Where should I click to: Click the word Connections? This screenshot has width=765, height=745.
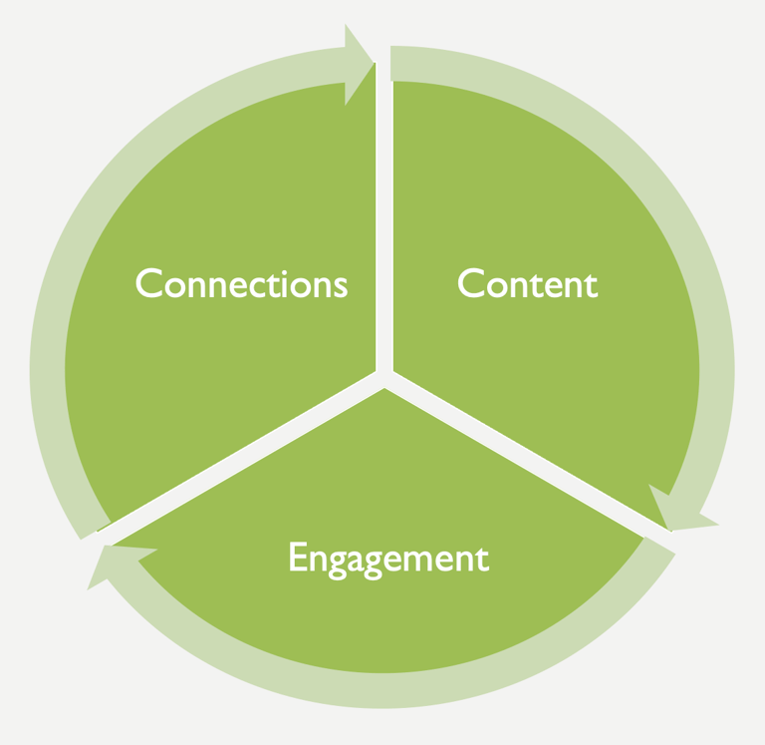coord(242,284)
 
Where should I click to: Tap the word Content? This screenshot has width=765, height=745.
coord(527,284)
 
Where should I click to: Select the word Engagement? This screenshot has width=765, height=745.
coord(388,558)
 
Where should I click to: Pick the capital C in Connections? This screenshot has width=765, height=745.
coord(147,284)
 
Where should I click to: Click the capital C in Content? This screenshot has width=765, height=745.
coord(469,284)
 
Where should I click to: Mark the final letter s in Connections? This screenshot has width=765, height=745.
coord(341,287)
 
